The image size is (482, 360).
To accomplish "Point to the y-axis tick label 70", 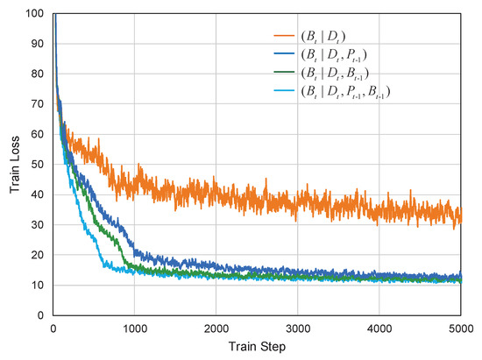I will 37,104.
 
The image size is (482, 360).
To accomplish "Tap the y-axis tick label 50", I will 37,165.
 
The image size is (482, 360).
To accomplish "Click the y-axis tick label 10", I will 37,285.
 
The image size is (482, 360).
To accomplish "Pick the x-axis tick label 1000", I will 134,328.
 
